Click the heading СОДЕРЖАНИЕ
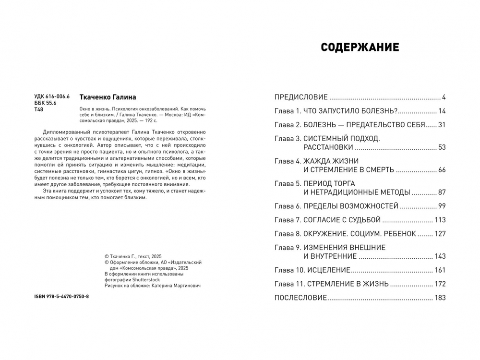(360, 48)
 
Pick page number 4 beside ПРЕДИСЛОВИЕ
(444, 97)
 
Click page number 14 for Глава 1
(442, 111)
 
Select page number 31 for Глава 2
(442, 125)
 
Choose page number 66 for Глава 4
(442, 170)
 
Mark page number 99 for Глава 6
(442, 206)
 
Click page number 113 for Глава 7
(440, 220)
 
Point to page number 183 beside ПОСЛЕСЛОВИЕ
(440, 298)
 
